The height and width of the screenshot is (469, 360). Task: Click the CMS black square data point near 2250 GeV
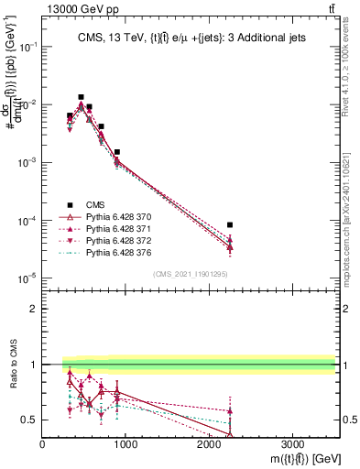pos(230,224)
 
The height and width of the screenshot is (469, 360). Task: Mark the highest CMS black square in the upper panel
pos(81,97)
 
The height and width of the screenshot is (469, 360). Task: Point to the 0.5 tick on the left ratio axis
pos(30,420)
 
